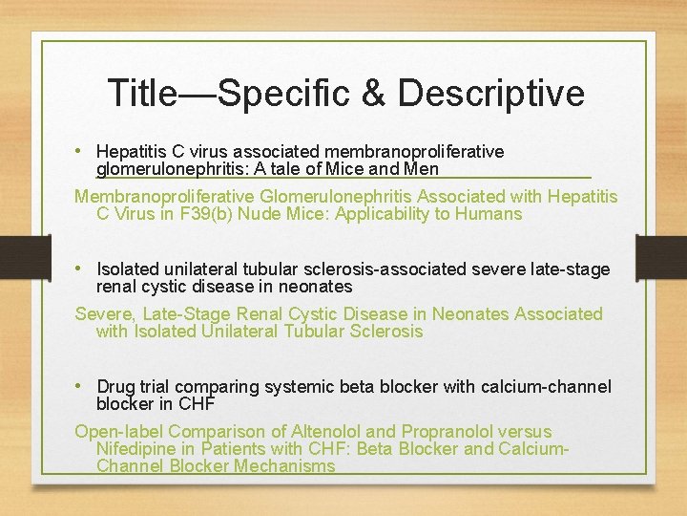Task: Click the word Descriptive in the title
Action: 491,93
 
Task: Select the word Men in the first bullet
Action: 421,169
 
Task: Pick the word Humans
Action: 485,214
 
